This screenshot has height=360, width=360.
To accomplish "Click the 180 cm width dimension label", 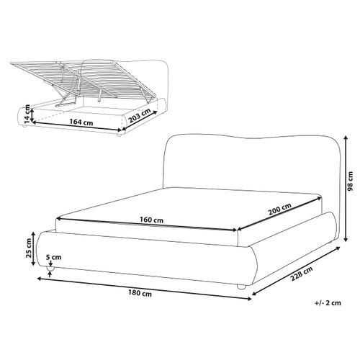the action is tap(140, 293).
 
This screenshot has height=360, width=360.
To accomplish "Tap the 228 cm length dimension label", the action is tap(302, 274).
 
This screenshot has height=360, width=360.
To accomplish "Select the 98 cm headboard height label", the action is tap(351, 181).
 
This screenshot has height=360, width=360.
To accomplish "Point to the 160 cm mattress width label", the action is tap(151, 220).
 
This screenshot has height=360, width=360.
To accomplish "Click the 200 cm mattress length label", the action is tap(279, 209).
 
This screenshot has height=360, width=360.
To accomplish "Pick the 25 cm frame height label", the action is tap(29, 248).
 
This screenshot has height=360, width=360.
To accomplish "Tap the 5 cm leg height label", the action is tap(53, 257).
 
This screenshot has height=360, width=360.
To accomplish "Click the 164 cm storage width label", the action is tap(81, 122).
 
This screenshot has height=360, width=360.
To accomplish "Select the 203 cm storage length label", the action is tap(140, 116).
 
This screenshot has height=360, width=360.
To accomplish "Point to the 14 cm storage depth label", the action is tap(27, 114).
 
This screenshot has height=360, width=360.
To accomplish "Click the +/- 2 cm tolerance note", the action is tap(328, 303).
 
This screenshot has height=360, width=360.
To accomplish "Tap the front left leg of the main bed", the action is tap(50, 269).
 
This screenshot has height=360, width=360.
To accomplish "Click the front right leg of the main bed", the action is tap(241, 287).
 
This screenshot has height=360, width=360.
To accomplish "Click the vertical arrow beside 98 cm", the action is tap(346, 189).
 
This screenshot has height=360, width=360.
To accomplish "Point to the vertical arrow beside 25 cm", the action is tap(34, 248).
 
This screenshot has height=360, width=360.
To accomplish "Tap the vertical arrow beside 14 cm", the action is tap(32, 114).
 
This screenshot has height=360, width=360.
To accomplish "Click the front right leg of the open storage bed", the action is tap(119, 134).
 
